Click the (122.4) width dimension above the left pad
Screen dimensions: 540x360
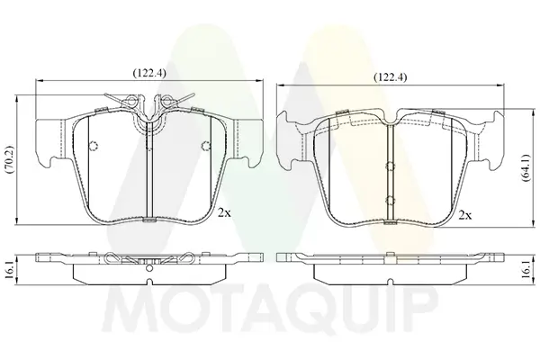(149, 73)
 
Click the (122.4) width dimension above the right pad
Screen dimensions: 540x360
(391, 77)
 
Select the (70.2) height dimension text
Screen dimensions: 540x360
(9, 159)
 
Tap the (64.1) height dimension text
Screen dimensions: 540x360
(526, 168)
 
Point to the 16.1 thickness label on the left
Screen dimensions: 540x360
(9, 270)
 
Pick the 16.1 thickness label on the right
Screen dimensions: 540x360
(526, 270)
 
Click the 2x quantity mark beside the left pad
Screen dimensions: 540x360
(224, 213)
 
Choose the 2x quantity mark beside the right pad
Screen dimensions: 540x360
(465, 216)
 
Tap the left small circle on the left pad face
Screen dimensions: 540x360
(93, 146)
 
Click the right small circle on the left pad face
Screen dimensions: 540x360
(205, 146)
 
